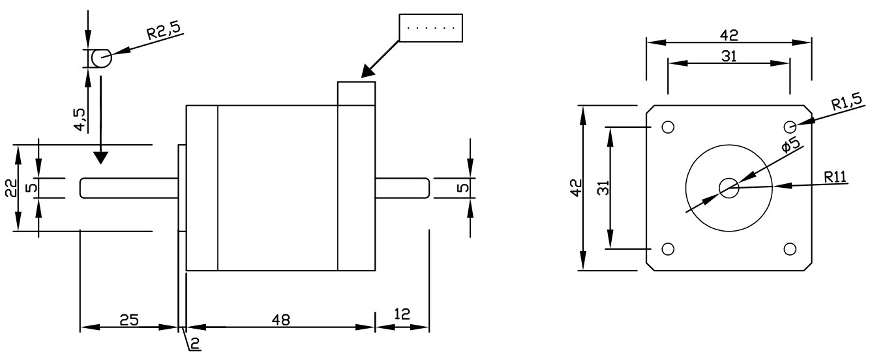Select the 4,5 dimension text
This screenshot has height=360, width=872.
80,119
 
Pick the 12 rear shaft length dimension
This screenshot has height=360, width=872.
402,314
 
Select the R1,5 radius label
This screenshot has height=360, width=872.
846,101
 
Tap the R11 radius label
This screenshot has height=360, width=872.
835,176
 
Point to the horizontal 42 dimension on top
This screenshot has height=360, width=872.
729,34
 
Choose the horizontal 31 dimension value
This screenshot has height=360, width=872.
729,56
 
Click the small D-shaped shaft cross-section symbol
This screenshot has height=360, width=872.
101,59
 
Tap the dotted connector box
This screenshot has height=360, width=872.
430,29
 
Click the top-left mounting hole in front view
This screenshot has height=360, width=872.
667,127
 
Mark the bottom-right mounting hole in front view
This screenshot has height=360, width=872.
790,248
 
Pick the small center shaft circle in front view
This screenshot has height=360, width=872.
729,188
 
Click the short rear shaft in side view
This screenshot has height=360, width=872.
402,187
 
